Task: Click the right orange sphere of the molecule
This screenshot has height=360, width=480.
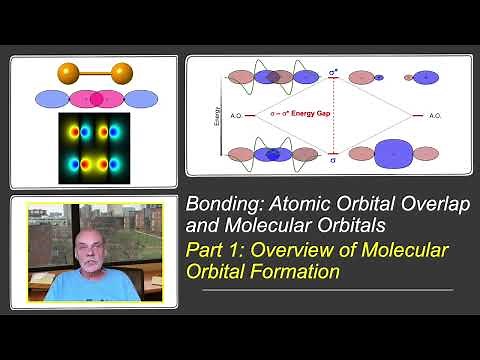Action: [123, 72]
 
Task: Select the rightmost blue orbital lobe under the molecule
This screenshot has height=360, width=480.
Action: [139, 99]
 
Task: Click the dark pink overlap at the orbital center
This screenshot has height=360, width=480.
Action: [95, 99]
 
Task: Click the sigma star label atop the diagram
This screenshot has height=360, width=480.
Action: [333, 73]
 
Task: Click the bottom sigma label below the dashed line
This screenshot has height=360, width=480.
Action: [333, 157]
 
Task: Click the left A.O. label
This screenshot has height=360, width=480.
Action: [236, 116]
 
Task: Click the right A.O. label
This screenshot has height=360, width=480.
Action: [436, 116]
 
